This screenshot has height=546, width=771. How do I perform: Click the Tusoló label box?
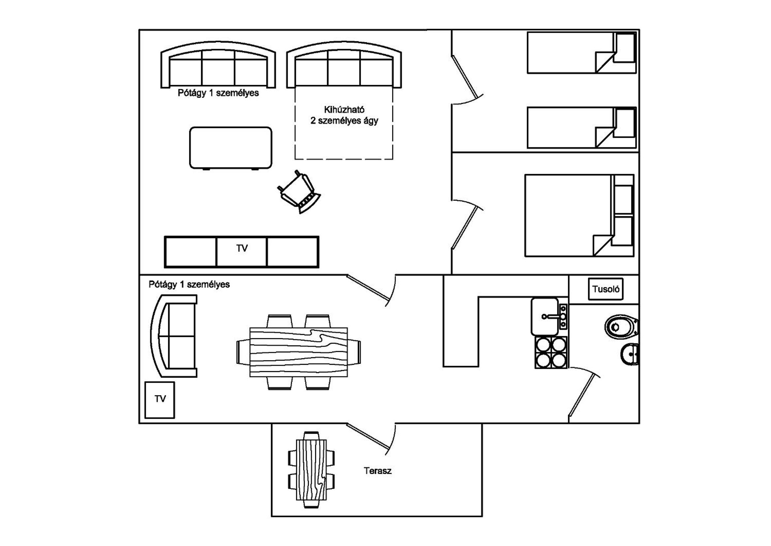[x=605, y=289]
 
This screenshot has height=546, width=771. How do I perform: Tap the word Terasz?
[x=378, y=471]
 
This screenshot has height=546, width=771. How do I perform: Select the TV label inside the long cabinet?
[x=242, y=249]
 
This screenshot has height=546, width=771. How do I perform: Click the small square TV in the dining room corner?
[x=160, y=400]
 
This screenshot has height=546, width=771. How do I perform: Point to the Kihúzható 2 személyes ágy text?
[x=344, y=115]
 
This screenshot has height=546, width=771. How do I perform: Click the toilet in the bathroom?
[x=621, y=326]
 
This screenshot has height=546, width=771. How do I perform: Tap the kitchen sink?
[x=549, y=316]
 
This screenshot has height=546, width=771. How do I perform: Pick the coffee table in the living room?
[x=231, y=148]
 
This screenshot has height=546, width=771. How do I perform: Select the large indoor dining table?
[x=298, y=352]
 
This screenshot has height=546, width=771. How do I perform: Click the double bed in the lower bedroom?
[x=579, y=216]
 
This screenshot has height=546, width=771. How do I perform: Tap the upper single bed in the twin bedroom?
[x=582, y=52]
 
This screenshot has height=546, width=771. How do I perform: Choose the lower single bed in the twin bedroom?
[x=582, y=127]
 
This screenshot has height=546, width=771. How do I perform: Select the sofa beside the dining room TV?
[x=173, y=336]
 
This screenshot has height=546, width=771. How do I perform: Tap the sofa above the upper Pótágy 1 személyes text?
[x=218, y=65]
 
